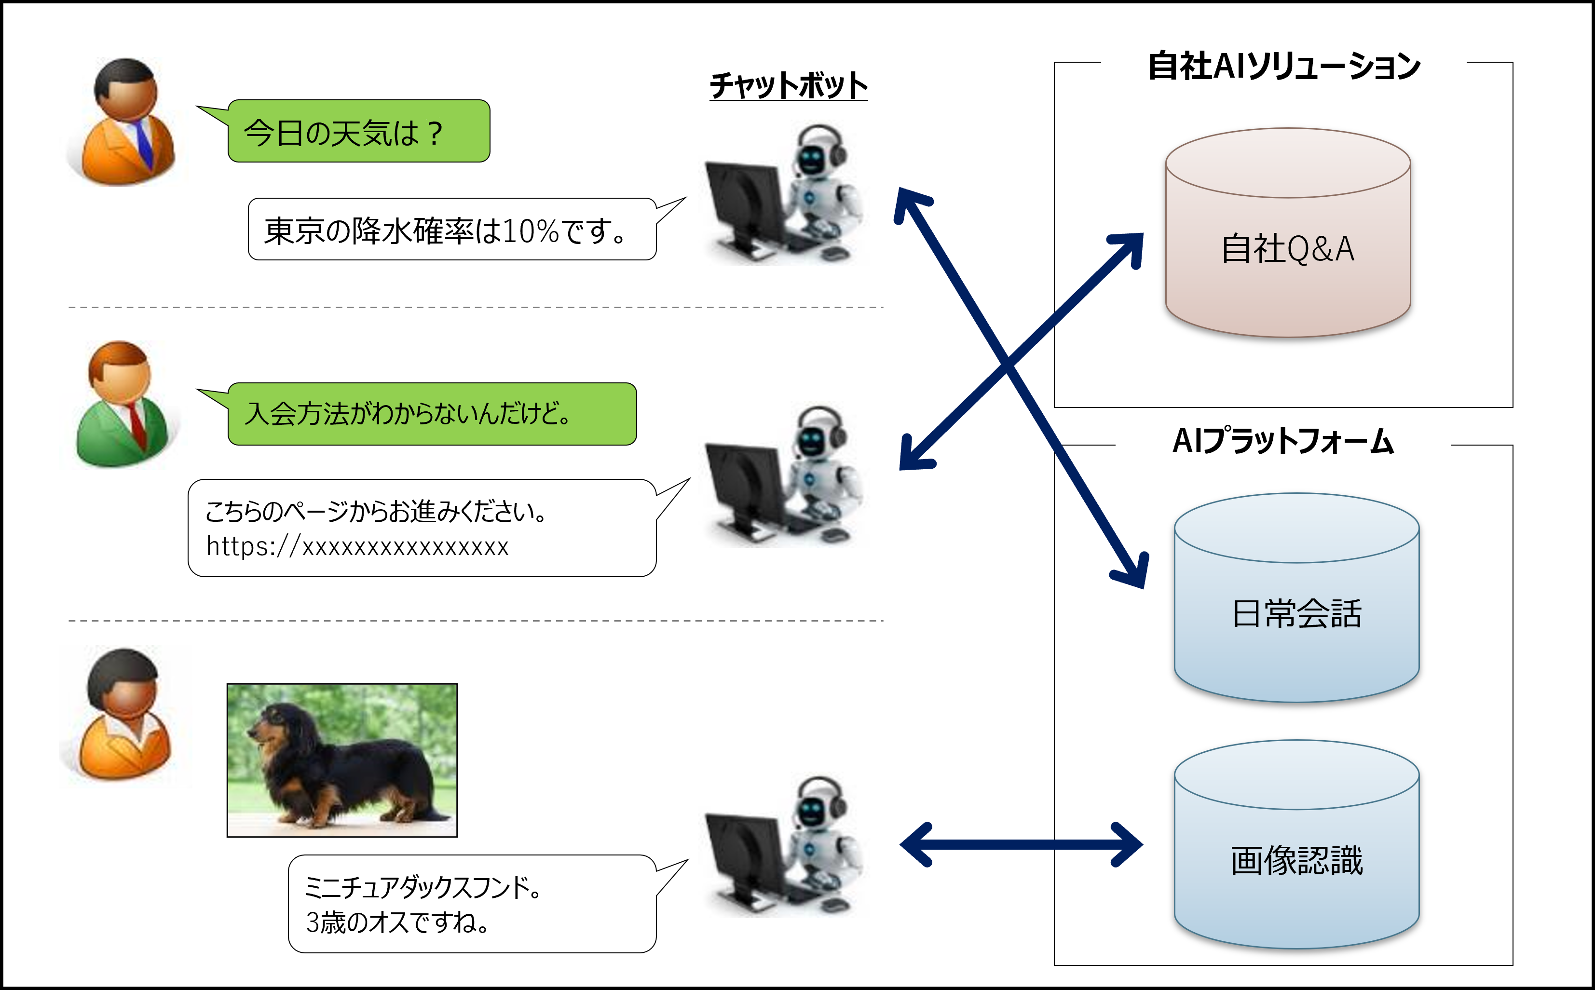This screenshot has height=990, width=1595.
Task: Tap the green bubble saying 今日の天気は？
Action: point(358,132)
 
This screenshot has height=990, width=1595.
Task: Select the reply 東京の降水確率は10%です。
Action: point(452,230)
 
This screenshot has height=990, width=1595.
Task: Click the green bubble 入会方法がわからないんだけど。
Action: point(432,414)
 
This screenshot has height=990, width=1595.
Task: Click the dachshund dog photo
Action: point(342,760)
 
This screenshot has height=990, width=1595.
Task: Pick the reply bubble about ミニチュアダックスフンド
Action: point(471,904)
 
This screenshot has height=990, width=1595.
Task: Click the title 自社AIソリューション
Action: point(1283,66)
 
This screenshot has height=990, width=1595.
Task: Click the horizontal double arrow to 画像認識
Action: point(1022,845)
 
